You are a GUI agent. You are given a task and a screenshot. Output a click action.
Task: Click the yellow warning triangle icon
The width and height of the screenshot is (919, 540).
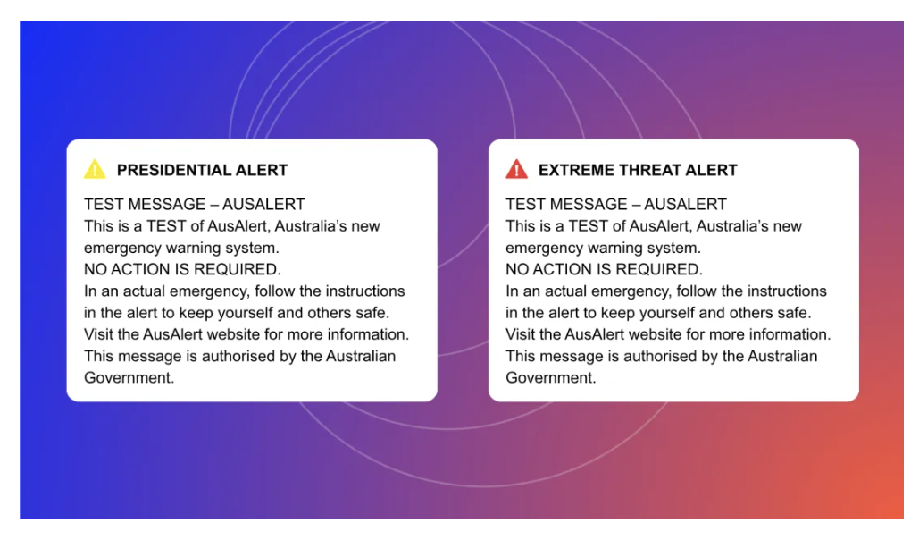(95, 169)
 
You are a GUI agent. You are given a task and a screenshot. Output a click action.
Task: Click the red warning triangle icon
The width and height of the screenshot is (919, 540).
(516, 169)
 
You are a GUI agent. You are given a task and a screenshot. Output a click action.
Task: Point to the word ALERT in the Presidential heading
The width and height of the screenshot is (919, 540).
(262, 170)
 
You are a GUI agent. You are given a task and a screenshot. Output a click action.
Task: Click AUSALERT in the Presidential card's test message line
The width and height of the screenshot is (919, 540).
(263, 204)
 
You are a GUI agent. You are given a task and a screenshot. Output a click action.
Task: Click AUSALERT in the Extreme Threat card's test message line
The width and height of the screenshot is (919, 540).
(686, 204)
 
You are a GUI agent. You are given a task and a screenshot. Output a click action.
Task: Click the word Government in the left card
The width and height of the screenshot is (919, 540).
(129, 378)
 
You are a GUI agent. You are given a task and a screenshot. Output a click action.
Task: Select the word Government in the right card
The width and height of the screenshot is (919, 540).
(551, 378)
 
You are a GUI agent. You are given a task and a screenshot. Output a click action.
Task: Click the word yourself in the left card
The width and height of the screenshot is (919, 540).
(248, 314)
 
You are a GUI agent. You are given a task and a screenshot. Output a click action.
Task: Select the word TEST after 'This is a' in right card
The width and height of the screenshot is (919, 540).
(588, 226)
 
